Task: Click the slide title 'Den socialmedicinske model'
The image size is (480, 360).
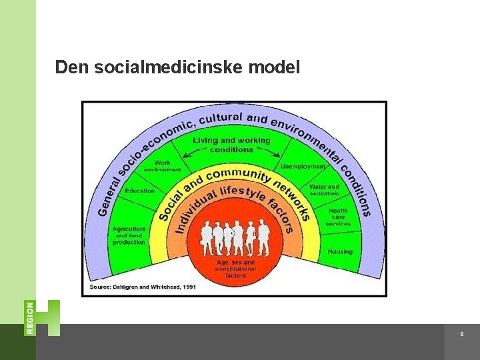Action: click(x=177, y=67)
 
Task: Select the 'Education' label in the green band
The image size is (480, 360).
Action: click(x=139, y=191)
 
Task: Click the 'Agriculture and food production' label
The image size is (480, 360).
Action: click(x=129, y=235)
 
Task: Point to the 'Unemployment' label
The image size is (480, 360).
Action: click(x=303, y=166)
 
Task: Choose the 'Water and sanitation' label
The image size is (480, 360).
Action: click(x=324, y=190)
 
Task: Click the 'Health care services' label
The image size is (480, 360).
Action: click(x=338, y=217)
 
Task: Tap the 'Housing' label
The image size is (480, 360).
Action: click(x=340, y=252)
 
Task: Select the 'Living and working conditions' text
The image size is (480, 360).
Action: click(x=231, y=145)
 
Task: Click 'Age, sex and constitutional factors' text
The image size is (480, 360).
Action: click(x=235, y=269)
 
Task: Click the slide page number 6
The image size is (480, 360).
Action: click(x=461, y=334)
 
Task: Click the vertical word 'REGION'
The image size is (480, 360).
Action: click(x=30, y=317)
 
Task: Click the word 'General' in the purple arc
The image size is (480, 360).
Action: click(x=108, y=193)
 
